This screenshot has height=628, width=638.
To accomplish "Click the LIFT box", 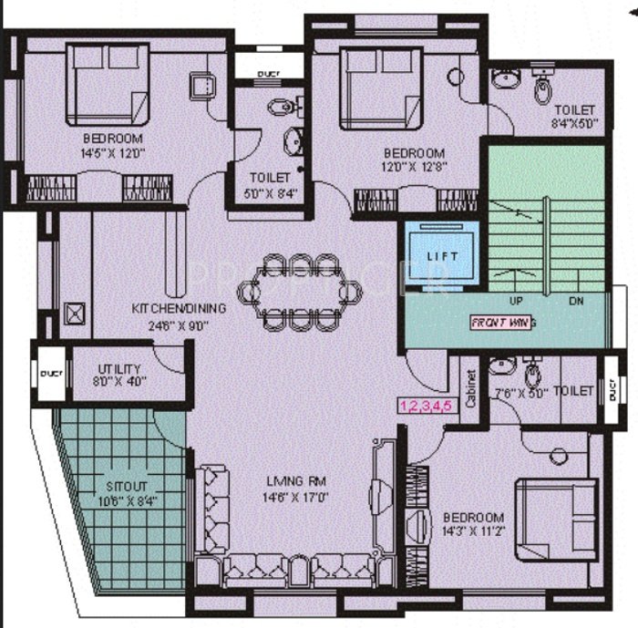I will click(443, 255).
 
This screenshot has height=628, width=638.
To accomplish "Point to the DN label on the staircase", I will click(576, 301).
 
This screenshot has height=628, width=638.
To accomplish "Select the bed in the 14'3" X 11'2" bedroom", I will click(550, 520).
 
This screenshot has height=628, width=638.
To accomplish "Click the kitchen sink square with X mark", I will click(74, 314).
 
